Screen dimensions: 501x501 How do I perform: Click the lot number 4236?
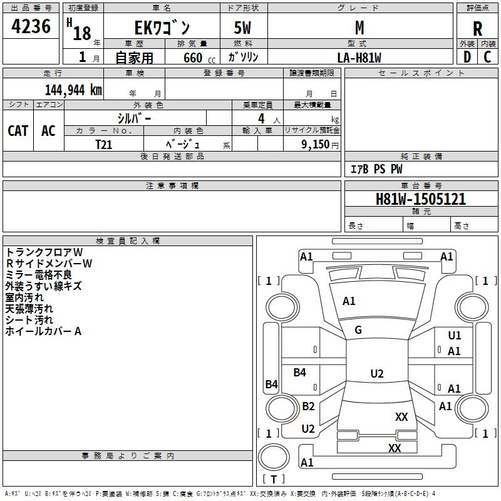tap(31, 27)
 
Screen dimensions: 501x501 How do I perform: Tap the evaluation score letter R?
tap(478, 28)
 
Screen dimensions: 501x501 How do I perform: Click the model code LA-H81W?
tap(359, 58)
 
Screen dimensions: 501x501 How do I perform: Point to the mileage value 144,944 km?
tap(73, 90)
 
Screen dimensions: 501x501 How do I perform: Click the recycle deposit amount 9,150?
tap(312, 144)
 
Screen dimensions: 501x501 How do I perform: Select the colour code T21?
tap(104, 144)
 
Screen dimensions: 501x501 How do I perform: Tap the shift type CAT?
tap(18, 130)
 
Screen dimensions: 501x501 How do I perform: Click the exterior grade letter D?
tap(467, 57)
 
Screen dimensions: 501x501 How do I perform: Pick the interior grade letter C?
tap(487, 57)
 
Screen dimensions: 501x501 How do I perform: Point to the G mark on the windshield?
tap(358, 330)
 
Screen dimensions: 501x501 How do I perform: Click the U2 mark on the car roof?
tap(376, 374)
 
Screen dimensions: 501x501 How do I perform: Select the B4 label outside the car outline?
tap(271, 385)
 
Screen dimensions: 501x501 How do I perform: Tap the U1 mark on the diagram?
tap(455, 336)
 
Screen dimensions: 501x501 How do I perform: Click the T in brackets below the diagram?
tap(273, 479)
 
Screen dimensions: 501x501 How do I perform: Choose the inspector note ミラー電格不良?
tap(39, 275)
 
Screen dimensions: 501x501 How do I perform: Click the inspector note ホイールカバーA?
tap(43, 331)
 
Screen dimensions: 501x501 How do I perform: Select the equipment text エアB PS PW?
tap(376, 170)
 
